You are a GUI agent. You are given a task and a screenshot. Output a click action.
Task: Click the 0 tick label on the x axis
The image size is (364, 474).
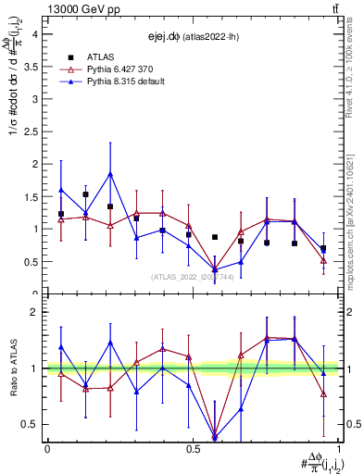(46, 448)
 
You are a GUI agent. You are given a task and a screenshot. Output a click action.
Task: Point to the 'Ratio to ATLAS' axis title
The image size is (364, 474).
(13, 368)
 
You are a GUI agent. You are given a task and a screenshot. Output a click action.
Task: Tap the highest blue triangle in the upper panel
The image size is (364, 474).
(110, 173)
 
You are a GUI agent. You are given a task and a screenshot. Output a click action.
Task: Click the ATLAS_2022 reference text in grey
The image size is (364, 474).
(193, 277)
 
